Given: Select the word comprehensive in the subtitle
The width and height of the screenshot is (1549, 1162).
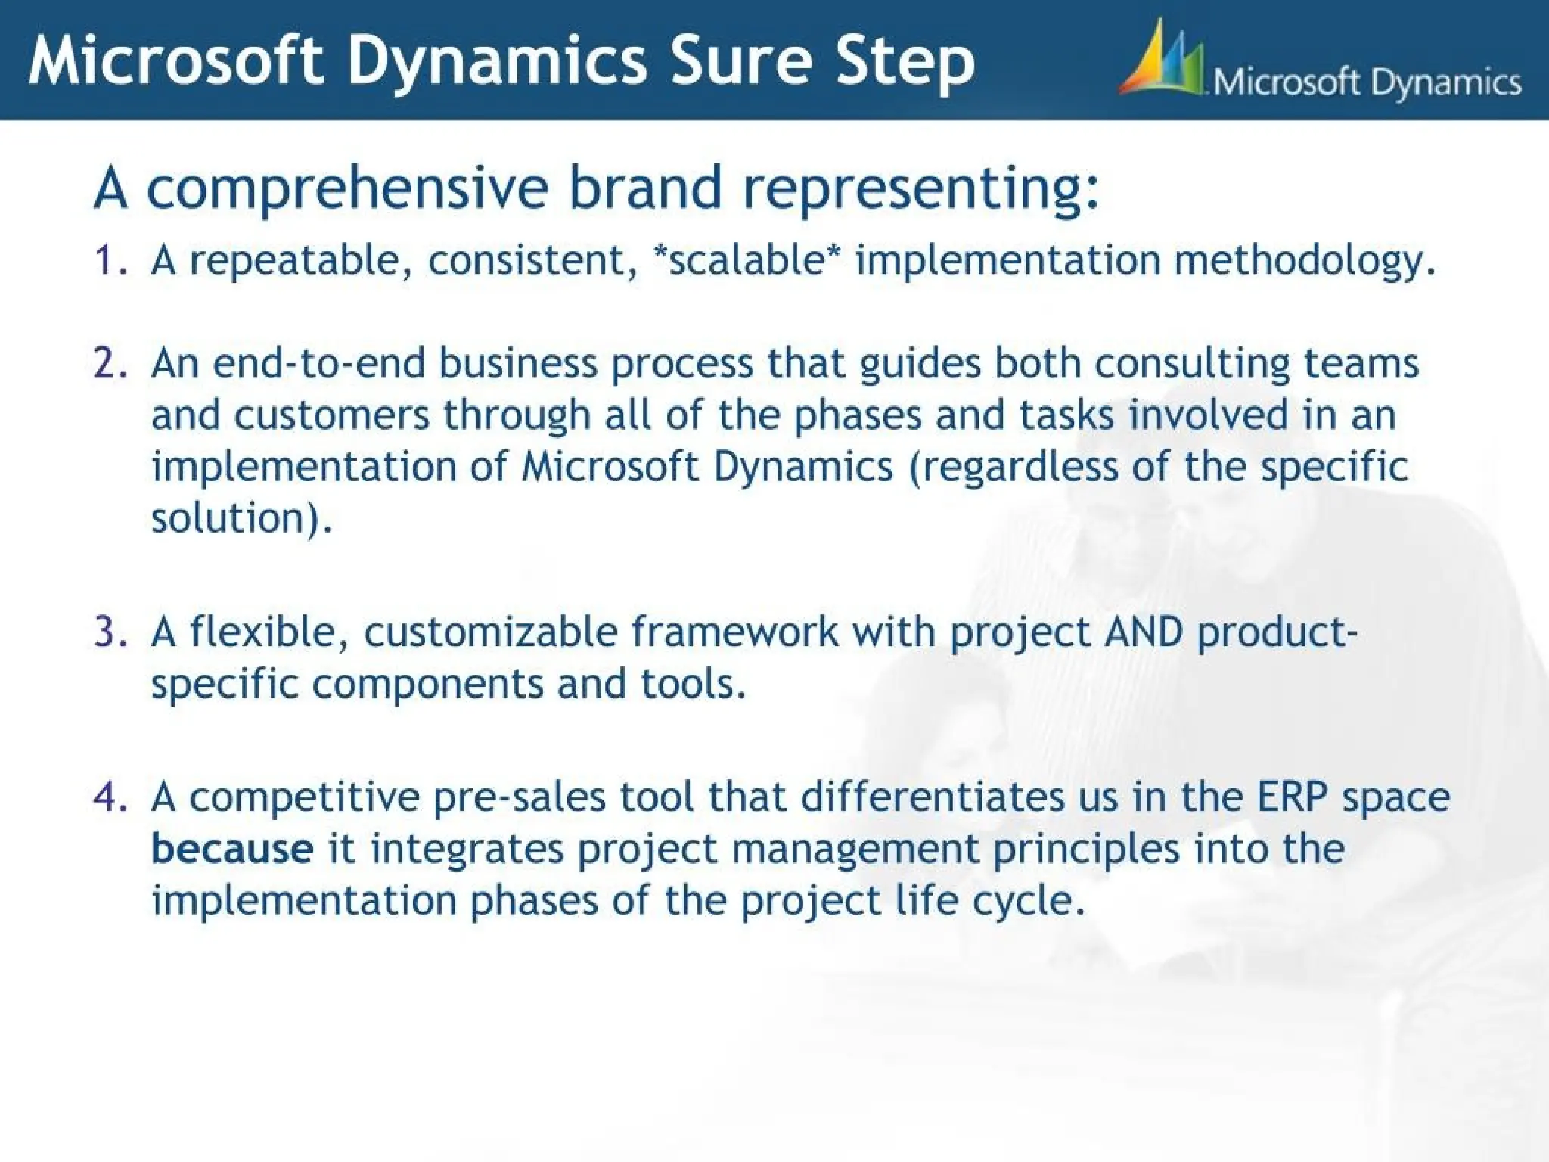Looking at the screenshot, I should click(347, 189).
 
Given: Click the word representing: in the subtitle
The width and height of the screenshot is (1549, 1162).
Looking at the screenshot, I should click(920, 189).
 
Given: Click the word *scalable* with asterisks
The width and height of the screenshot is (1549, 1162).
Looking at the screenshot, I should click(746, 260).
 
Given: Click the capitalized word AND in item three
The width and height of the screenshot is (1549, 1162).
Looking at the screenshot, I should click(1143, 632).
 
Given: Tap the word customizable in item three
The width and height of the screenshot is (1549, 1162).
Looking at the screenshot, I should click(491, 632).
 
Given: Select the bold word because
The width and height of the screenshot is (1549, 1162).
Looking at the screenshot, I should click(231, 849).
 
